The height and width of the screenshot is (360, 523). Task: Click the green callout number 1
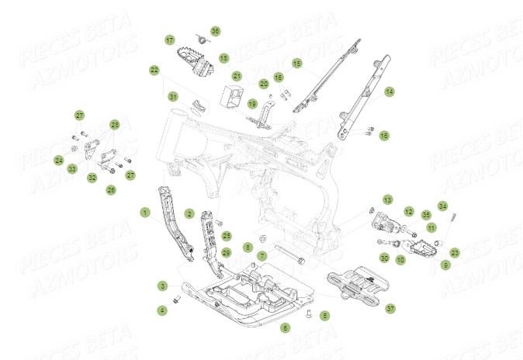[x=144, y=211]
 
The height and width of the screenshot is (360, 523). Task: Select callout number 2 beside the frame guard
[x=189, y=213]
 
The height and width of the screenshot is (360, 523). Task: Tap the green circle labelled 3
[x=162, y=286]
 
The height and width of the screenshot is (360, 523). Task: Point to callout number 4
[x=162, y=310]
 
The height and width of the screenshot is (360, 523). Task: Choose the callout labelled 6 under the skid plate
[x=285, y=328]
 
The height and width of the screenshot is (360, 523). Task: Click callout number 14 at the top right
[x=389, y=91]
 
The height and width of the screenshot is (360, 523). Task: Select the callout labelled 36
[x=216, y=31]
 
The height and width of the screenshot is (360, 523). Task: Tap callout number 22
[x=154, y=70]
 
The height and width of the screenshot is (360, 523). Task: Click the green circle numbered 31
[x=173, y=96]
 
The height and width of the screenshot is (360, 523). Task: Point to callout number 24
[x=59, y=161]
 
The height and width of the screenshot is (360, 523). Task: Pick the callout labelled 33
[x=72, y=168]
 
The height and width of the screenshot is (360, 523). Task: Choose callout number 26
[x=111, y=189]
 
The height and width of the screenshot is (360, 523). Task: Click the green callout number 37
[x=390, y=308]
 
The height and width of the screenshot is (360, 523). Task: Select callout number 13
[x=388, y=199]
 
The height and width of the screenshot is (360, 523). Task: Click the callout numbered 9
[x=445, y=265]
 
